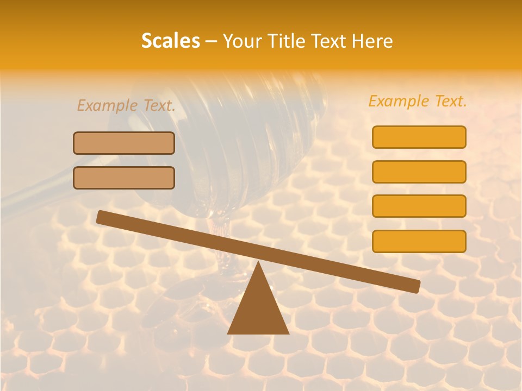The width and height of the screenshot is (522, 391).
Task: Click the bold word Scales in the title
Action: tap(170, 41)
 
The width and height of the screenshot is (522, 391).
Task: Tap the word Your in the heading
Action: tap(243, 41)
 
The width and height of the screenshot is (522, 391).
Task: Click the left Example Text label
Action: tap(126, 105)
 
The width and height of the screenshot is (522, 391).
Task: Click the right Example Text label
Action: tap(418, 101)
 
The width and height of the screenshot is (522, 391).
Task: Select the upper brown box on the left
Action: tap(124, 143)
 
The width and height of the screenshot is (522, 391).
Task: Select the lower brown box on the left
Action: tap(124, 178)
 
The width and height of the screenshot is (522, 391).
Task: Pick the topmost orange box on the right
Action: tap(419, 137)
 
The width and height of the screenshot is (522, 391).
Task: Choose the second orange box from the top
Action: tap(419, 172)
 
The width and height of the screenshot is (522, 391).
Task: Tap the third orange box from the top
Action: tap(419, 206)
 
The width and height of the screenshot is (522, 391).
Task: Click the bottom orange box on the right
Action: tap(419, 241)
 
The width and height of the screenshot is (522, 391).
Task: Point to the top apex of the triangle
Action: tap(258, 263)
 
